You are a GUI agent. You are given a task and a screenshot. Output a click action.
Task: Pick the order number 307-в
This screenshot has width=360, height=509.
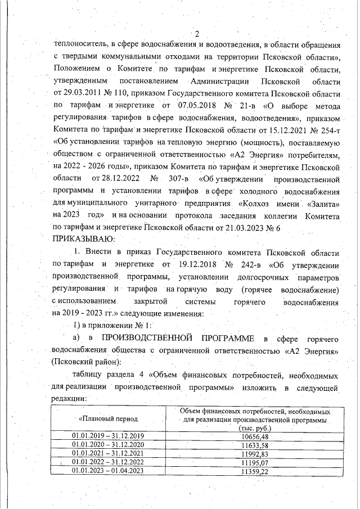tap(175, 179)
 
